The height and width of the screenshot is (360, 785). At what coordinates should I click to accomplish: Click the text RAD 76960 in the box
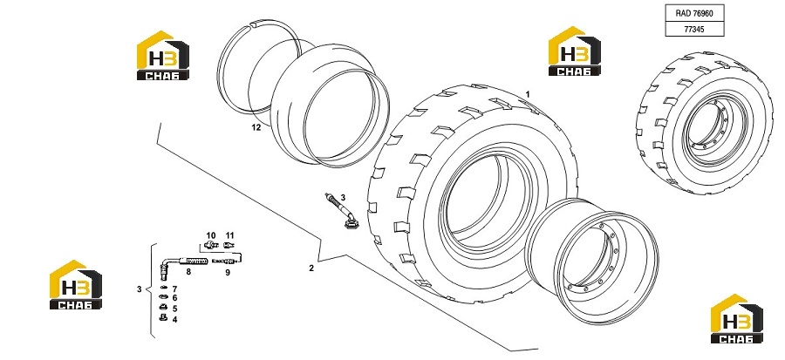click(694, 13)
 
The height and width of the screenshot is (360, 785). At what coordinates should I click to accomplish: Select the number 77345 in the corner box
click(694, 30)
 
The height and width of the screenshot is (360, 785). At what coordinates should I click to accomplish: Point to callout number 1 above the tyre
click(527, 94)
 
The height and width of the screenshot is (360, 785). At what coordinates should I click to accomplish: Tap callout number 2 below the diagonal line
click(311, 268)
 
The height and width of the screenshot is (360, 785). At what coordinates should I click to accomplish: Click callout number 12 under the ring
click(256, 127)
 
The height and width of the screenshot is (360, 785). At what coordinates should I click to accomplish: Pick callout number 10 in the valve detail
click(211, 235)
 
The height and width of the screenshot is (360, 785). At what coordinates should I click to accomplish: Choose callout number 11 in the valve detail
click(229, 235)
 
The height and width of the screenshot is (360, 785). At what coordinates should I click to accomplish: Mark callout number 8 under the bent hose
click(188, 272)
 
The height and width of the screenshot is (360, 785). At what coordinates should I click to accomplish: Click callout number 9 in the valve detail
click(228, 273)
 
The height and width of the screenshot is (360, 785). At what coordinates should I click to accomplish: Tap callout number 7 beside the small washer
click(174, 289)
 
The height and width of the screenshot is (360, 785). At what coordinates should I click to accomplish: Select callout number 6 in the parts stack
click(174, 298)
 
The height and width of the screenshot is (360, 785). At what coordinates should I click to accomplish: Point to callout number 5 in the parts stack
click(174, 309)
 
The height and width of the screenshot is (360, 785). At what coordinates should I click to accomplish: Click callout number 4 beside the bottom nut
click(174, 320)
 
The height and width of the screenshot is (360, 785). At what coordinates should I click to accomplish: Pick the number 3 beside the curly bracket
click(140, 289)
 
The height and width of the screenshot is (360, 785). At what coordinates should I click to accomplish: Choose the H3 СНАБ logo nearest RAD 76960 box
click(575, 51)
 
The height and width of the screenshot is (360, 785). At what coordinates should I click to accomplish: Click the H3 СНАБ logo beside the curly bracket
click(76, 284)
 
